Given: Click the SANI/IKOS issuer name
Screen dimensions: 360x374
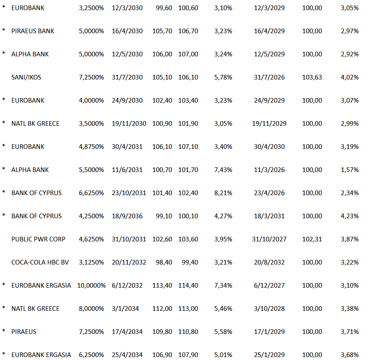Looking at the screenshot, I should (26, 77).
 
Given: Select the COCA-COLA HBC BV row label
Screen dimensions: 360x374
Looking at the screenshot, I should (40, 262).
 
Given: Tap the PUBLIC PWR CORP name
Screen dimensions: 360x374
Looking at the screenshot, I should (38, 239).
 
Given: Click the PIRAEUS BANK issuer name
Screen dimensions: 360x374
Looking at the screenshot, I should (33, 31).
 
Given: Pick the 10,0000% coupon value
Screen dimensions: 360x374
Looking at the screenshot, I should (92, 286).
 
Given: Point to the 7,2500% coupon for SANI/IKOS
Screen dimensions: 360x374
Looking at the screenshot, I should (91, 77).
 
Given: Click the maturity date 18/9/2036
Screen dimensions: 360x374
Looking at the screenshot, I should (127, 216).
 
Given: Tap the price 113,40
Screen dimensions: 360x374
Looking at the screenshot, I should (162, 286).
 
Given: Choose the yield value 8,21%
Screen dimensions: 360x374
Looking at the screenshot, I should (223, 193).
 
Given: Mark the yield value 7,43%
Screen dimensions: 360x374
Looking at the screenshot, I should (223, 170).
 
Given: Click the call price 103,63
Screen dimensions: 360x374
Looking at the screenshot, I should (312, 77).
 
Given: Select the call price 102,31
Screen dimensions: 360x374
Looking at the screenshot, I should (312, 239).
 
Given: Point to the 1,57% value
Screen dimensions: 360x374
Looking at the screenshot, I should (350, 170).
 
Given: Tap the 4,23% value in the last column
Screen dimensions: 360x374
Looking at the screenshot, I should (350, 216).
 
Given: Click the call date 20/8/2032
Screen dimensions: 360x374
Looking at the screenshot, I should (269, 262).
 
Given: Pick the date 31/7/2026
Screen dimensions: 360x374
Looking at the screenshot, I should (269, 77).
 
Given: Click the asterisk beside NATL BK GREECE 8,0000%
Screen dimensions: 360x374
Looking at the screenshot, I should (4, 308).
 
